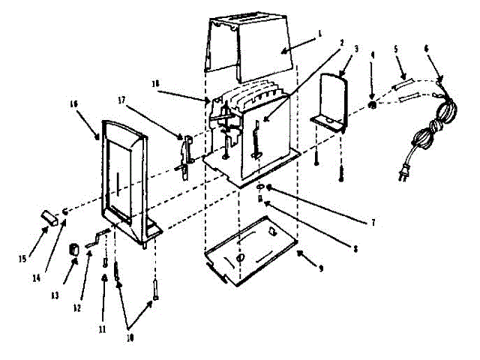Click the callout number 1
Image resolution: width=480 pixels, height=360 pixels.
tap(319, 33)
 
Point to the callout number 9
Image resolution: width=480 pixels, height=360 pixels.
tap(320, 268)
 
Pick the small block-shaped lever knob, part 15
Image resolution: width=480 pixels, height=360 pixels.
tap(49, 218)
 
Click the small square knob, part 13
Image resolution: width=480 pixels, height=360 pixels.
tap(74, 248)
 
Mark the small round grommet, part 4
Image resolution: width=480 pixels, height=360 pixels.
tap(372, 105)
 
